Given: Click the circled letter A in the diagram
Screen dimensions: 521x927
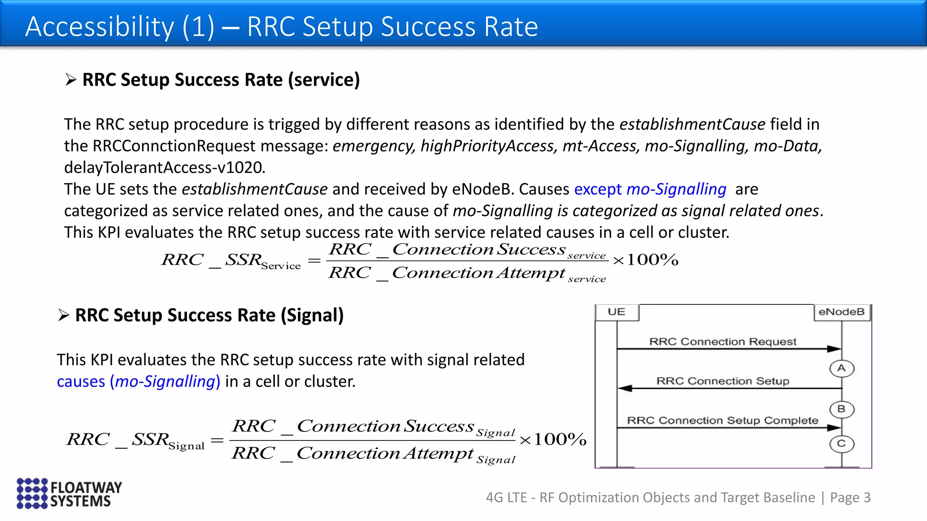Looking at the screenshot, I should pos(841,369).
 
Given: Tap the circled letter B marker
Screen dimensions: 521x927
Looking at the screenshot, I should pos(841,409).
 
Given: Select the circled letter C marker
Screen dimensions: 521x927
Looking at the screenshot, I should pos(841,444).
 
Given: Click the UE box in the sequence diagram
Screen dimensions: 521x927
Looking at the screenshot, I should pos(616,312).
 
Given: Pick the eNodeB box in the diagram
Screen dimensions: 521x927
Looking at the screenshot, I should pos(841,312).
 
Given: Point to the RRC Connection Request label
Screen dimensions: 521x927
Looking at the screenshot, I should pos(722,341).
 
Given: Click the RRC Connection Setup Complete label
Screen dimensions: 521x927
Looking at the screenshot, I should pos(722,421).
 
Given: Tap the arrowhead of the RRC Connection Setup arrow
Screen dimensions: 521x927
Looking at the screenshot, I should pos(625,388).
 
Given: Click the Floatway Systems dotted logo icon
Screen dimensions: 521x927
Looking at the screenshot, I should pos(32,493).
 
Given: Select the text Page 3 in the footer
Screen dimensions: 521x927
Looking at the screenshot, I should pos(850,497).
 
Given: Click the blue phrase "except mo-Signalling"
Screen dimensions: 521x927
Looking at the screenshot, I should pos(650,189).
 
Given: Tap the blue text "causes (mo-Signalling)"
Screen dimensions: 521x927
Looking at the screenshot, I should pos(139,381).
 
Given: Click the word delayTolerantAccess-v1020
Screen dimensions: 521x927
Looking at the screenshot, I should pos(163,167).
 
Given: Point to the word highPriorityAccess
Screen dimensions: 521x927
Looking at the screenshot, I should pos(487,146).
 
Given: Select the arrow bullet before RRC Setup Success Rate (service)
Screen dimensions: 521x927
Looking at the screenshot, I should pos(71,80).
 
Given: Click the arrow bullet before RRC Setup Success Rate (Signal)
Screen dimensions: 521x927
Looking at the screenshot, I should pos(63,315).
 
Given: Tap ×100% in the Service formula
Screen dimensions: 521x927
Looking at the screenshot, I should pos(645,260).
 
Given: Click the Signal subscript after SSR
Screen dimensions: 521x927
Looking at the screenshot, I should pos(186,446).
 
